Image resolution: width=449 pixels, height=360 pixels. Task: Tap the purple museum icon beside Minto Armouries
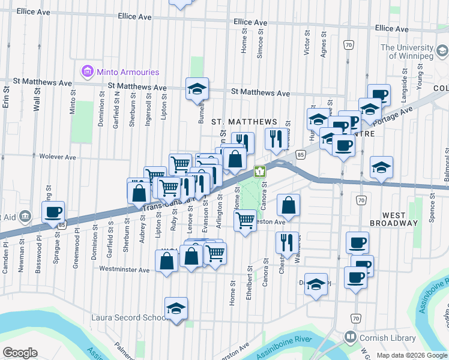coord(88,72)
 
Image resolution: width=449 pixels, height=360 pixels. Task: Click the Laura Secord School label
coord(128,317)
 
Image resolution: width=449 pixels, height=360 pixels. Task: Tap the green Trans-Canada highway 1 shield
coord(259,172)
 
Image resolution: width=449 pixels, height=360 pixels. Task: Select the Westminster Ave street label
coord(124,270)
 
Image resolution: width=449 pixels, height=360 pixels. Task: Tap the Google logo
coord(20,353)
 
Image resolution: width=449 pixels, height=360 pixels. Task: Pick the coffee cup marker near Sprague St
coord(53,212)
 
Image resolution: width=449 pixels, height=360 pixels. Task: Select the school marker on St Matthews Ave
coord(197,89)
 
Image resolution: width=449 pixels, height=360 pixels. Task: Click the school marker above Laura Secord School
coord(176,308)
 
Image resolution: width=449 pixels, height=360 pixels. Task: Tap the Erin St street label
coord(7,97)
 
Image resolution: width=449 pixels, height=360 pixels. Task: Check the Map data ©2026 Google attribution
coord(411,355)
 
